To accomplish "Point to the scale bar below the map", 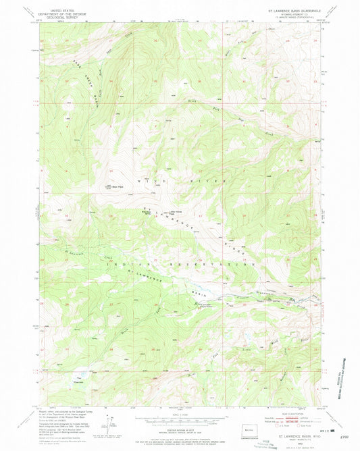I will (179, 416).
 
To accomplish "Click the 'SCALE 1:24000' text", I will (179, 410).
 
